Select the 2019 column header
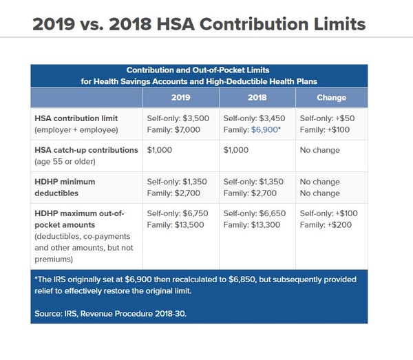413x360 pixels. [x=180, y=98]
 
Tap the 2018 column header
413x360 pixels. [x=257, y=98]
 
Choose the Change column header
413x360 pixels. [x=331, y=98]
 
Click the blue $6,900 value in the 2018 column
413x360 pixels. [x=264, y=130]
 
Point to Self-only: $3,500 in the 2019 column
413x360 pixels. [x=178, y=118]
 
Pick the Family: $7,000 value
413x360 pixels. [x=173, y=130]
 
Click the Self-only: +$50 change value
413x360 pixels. [x=327, y=118]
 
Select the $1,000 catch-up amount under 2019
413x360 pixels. [x=160, y=150]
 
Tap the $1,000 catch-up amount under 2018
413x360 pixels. [x=235, y=150]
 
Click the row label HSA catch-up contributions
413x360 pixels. [x=86, y=150]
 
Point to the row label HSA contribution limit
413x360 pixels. [x=76, y=118]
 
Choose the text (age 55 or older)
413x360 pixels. [x=65, y=162]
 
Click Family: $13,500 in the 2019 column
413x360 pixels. [x=176, y=225]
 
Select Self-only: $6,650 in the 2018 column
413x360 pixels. [x=255, y=213]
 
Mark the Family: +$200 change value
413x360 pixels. [x=326, y=225]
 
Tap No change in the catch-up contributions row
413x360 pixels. [x=320, y=150]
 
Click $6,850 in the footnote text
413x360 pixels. [x=242, y=279]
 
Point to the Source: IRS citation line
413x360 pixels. [x=110, y=314]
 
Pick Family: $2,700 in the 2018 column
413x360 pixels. [x=250, y=193]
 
